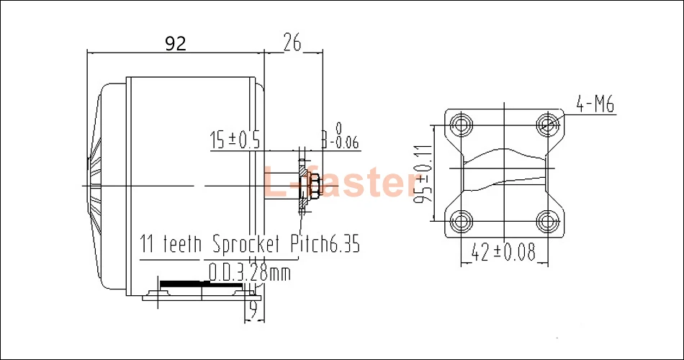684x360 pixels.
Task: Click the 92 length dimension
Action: pyautogui.click(x=175, y=44)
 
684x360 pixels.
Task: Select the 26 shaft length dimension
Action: pyautogui.click(x=292, y=44)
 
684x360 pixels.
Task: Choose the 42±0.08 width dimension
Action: pyautogui.click(x=504, y=253)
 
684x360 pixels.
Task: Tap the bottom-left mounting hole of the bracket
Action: pyautogui.click(x=461, y=220)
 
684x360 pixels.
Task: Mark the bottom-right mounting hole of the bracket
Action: pyautogui.click(x=550, y=220)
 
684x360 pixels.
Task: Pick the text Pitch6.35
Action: pyautogui.click(x=324, y=244)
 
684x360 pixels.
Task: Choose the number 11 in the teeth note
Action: pyautogui.click(x=148, y=244)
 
